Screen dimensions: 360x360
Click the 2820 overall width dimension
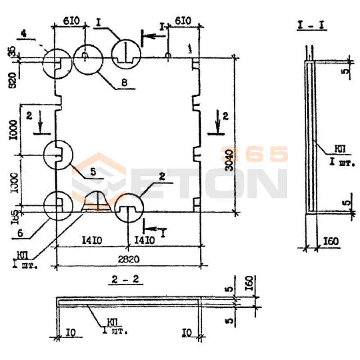point(128,260)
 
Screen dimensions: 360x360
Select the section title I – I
point(312,25)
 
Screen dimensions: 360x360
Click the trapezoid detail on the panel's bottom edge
point(96,201)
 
